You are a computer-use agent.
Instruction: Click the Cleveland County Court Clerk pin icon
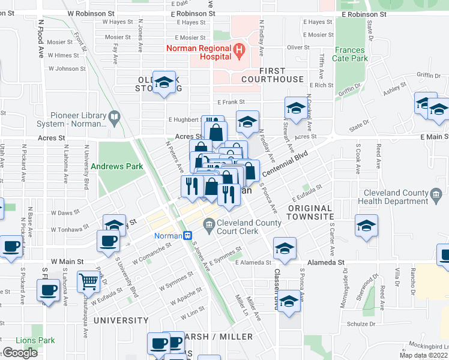click(209, 227)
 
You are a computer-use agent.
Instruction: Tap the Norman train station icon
click(187, 236)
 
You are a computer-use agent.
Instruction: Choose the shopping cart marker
click(88, 280)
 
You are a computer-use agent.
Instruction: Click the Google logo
click(20, 353)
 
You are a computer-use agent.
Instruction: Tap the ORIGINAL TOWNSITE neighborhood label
click(309, 212)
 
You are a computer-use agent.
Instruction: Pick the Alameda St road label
click(327, 262)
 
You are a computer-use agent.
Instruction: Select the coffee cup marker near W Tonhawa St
click(108, 241)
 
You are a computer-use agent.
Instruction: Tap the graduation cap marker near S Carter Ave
click(366, 226)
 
